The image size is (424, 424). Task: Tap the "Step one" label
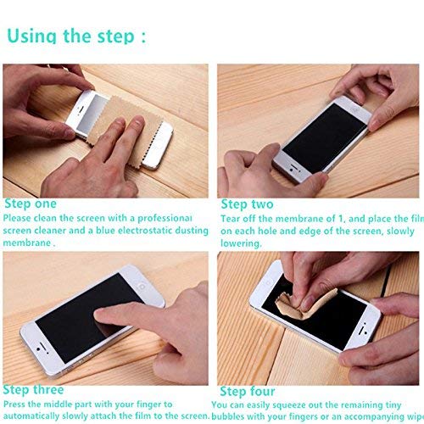(x=31, y=204)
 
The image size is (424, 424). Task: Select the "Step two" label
(x=247, y=204)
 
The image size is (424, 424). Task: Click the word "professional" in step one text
(x=176, y=217)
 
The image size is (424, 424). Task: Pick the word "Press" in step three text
(x=17, y=404)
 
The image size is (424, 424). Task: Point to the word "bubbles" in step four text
(x=232, y=416)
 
